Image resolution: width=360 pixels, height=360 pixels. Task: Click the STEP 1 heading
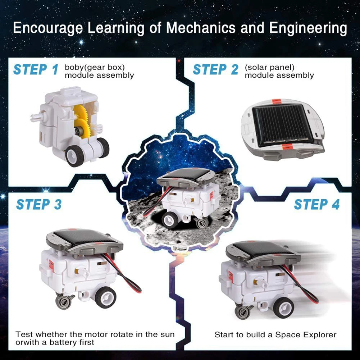coord(35,69)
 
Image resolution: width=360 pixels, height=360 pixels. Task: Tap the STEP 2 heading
coord(215,69)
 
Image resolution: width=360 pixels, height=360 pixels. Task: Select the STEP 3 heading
coord(38,204)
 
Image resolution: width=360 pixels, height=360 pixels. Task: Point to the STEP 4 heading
coord(316,204)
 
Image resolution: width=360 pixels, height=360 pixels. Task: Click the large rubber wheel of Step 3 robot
coord(105,297)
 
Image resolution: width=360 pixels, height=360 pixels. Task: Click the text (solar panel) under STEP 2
coord(269,67)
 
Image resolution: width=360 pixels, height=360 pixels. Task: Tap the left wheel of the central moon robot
coord(169,219)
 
